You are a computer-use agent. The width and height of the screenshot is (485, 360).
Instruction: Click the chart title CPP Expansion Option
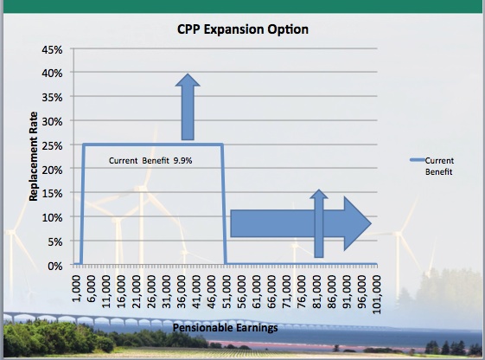click(x=243, y=29)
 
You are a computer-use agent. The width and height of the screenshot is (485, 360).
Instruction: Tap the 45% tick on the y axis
click(x=52, y=49)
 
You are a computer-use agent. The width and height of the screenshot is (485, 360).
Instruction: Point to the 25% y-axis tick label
click(x=52, y=145)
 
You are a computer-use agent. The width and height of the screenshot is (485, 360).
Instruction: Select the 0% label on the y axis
click(x=55, y=266)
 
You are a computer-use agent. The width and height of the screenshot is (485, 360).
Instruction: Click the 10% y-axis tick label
click(x=52, y=217)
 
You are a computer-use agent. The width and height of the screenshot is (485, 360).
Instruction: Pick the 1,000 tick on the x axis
click(x=76, y=288)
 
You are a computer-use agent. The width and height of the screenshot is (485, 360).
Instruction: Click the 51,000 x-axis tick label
click(x=227, y=292)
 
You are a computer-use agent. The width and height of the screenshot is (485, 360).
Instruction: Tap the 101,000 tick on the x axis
click(x=376, y=294)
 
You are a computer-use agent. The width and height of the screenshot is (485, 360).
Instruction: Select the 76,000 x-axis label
click(x=302, y=292)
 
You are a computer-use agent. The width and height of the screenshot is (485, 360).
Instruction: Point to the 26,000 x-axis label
click(x=151, y=292)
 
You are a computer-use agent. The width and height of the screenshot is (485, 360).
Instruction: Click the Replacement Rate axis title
click(x=33, y=157)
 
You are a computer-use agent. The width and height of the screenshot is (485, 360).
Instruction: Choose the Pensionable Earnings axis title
click(x=225, y=327)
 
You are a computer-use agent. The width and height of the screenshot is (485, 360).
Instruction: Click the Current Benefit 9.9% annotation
click(x=150, y=161)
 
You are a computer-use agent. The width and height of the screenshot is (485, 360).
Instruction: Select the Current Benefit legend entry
click(x=431, y=166)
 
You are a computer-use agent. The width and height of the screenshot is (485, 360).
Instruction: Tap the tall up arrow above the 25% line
click(x=188, y=106)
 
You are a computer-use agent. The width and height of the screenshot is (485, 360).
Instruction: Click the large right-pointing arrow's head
click(x=357, y=223)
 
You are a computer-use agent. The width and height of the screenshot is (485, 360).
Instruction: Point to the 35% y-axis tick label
click(x=52, y=98)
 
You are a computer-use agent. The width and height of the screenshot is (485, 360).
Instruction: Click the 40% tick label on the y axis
click(x=52, y=74)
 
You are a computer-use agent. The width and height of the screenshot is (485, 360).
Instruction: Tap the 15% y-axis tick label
click(x=52, y=194)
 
